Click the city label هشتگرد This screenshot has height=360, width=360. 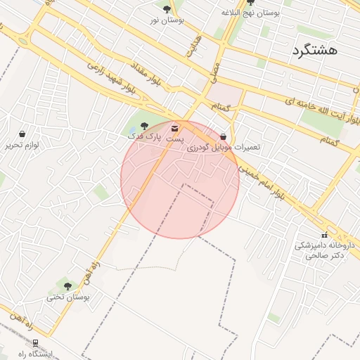pos(313,49)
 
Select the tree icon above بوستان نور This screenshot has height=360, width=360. pos(167,9)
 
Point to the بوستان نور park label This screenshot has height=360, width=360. pos(167,20)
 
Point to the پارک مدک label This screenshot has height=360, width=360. pos(150,134)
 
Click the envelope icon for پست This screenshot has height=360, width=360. pos(174,129)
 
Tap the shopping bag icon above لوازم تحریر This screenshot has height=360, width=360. pos(22,134)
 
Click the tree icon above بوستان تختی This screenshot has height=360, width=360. pos(67,286)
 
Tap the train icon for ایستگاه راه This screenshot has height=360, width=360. pos(36,343)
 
